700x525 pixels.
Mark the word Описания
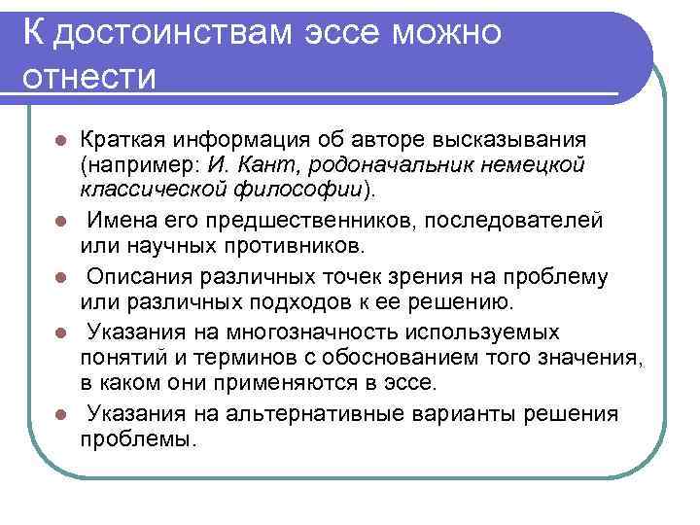pos(134,276)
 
